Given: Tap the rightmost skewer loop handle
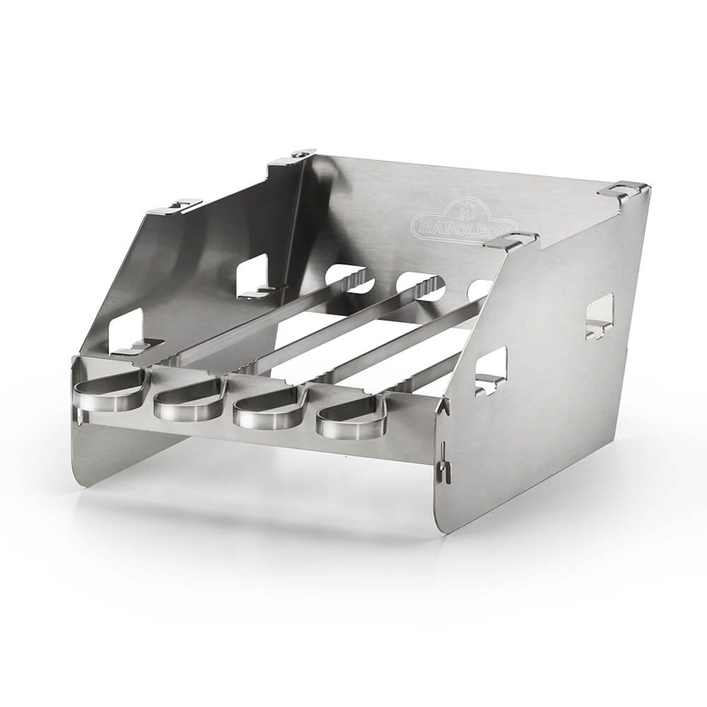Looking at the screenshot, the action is [x=351, y=418].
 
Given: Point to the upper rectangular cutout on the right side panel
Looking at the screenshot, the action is [x=600, y=315].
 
